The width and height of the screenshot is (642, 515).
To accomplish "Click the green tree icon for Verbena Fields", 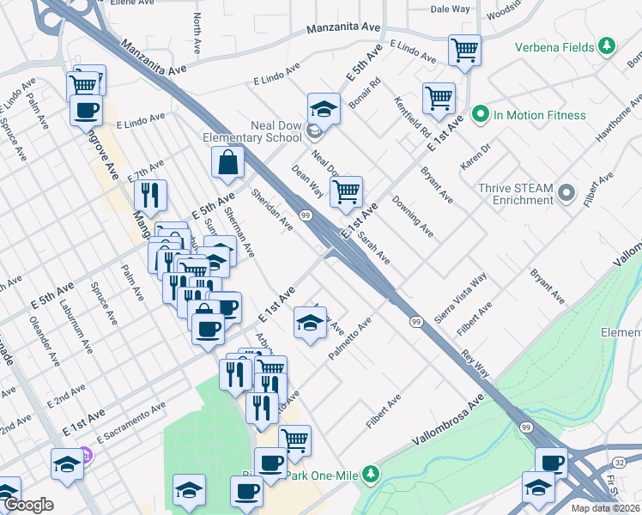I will [x=607, y=45].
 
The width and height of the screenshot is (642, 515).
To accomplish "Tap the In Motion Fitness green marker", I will [x=481, y=115].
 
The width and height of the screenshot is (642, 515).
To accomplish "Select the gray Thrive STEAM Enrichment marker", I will [x=566, y=193].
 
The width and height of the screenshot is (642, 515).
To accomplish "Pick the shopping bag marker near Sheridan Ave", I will [x=227, y=162].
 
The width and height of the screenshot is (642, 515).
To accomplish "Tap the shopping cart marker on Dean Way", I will [x=346, y=192].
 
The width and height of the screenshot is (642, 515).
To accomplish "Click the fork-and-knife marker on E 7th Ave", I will [x=150, y=196].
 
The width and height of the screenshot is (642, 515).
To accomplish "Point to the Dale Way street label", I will [x=450, y=9].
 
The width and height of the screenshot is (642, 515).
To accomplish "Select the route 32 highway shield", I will [x=621, y=461].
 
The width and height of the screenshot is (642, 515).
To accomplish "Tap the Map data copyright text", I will [x=606, y=508].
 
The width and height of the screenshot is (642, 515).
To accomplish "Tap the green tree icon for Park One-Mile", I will [x=370, y=474].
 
